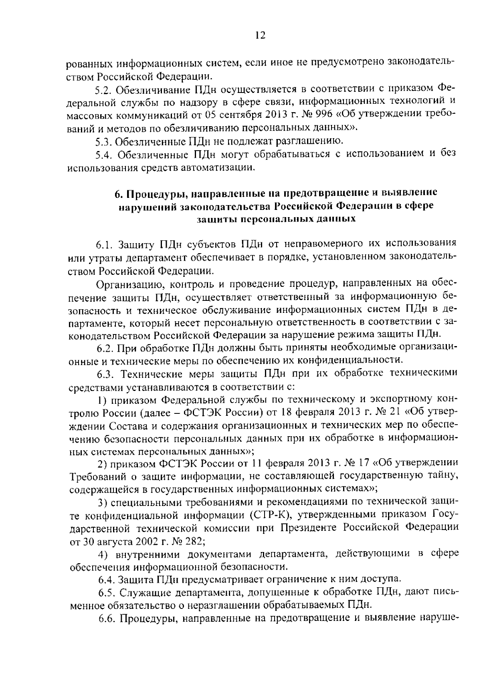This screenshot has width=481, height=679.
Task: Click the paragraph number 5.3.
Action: click(102, 141)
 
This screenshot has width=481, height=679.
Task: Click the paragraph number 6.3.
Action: click(106, 374)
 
